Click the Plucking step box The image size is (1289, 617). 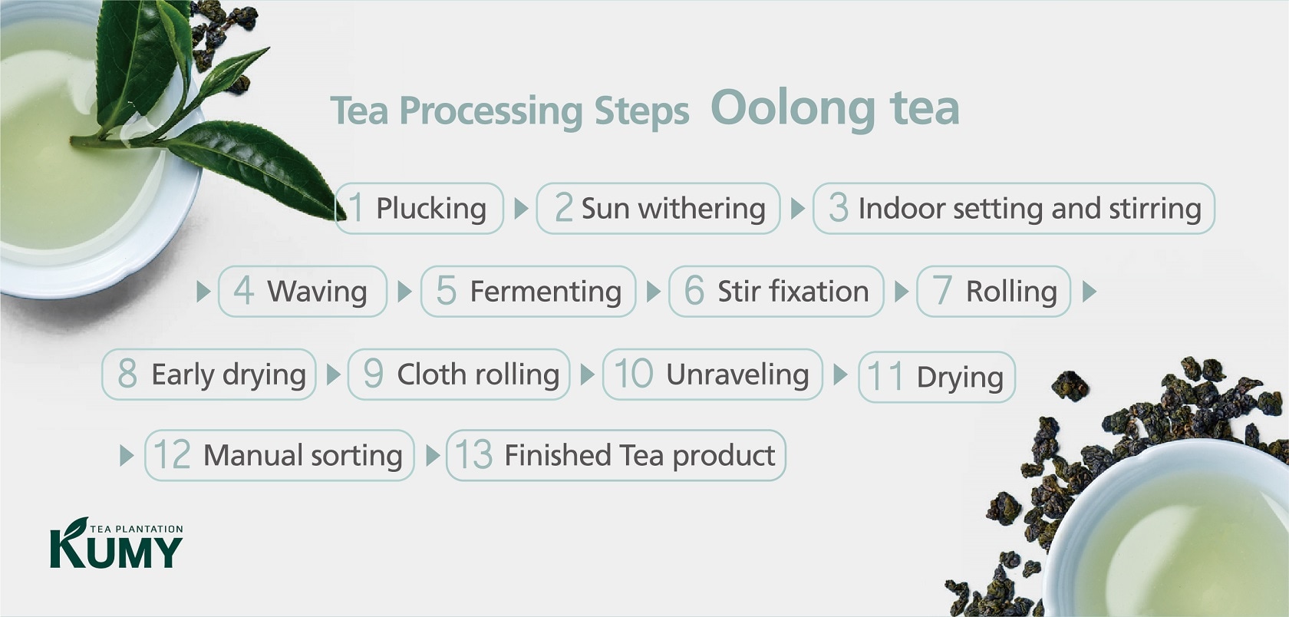click(419, 209)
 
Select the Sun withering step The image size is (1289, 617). click(658, 209)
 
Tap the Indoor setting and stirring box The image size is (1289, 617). click(1014, 209)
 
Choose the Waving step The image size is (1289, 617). click(302, 292)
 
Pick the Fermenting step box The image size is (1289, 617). click(528, 292)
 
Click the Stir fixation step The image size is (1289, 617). click(776, 292)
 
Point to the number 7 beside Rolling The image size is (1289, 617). click(941, 290)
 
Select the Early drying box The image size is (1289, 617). click(209, 374)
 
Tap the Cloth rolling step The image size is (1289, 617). click(459, 374)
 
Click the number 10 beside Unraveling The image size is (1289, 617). click(634, 374)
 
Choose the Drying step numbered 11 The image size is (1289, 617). click(937, 377)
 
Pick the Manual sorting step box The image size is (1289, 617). click(279, 455)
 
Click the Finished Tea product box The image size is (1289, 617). click(616, 455)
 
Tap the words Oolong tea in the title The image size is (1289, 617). click(835, 109)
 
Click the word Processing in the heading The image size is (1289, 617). click(491, 111)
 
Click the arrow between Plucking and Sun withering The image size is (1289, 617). click(521, 209)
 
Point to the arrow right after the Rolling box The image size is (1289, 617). click(1090, 292)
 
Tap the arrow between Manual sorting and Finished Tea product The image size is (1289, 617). click(433, 456)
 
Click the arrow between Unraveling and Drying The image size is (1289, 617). click(840, 374)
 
